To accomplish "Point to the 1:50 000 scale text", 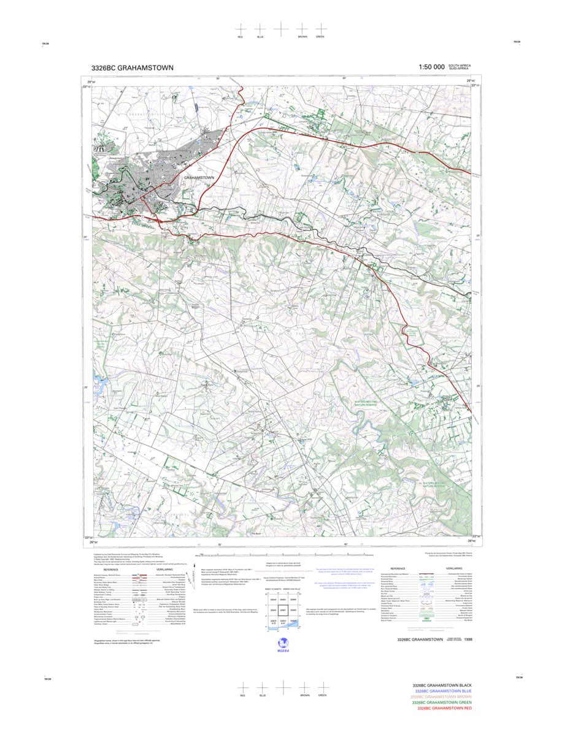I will pos(431,67).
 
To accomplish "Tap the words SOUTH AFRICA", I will pos(460,66).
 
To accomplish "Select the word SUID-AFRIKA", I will pos(459,69).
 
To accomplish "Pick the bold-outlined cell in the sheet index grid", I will pos(283,611).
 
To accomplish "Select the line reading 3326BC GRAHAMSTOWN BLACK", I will pos(442,685).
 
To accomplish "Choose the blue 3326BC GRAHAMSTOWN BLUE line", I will pos(442,691).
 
